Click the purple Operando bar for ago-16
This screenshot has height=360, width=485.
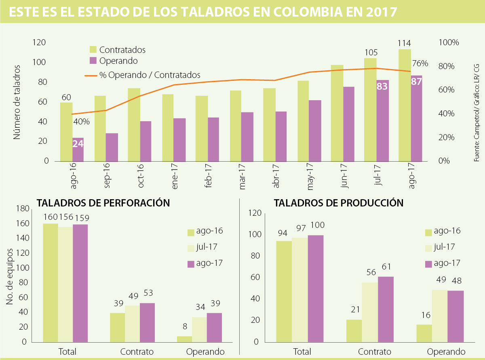78,149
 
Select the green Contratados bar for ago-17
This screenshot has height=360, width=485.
405,105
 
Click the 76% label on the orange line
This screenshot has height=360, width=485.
420,63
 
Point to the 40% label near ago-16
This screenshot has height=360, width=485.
81,121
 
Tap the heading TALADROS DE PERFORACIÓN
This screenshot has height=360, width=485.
103,203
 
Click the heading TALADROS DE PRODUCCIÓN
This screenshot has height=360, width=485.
339,203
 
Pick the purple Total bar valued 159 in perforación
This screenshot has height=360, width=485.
80,283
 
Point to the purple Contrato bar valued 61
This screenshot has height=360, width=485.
386,309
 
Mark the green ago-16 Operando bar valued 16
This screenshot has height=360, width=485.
424,333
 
